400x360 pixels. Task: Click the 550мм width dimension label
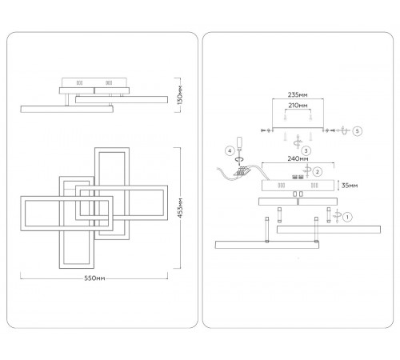tap(94, 278)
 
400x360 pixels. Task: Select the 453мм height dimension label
tap(180, 208)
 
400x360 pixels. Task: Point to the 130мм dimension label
tap(180, 95)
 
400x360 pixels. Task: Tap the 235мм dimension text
tap(298, 94)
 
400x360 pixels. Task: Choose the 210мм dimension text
tap(298, 106)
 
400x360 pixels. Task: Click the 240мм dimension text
tap(298, 158)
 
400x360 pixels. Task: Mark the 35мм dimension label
tap(350, 186)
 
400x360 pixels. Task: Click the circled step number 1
tap(347, 217)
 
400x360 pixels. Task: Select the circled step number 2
tap(317, 172)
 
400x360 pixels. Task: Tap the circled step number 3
tap(306, 151)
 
